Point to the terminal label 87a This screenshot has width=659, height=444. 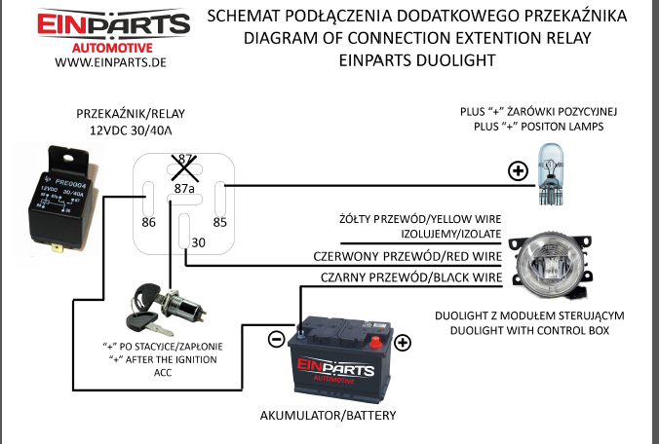click(184, 186)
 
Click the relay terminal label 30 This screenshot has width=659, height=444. click(199, 242)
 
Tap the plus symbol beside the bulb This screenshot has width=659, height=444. click(517, 173)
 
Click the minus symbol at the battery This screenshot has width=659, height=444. click(276, 340)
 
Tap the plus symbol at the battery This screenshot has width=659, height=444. click(403, 342)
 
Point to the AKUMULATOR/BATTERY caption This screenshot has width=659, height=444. click(328, 415)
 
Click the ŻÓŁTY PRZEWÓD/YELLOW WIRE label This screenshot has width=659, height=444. click(419, 219)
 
